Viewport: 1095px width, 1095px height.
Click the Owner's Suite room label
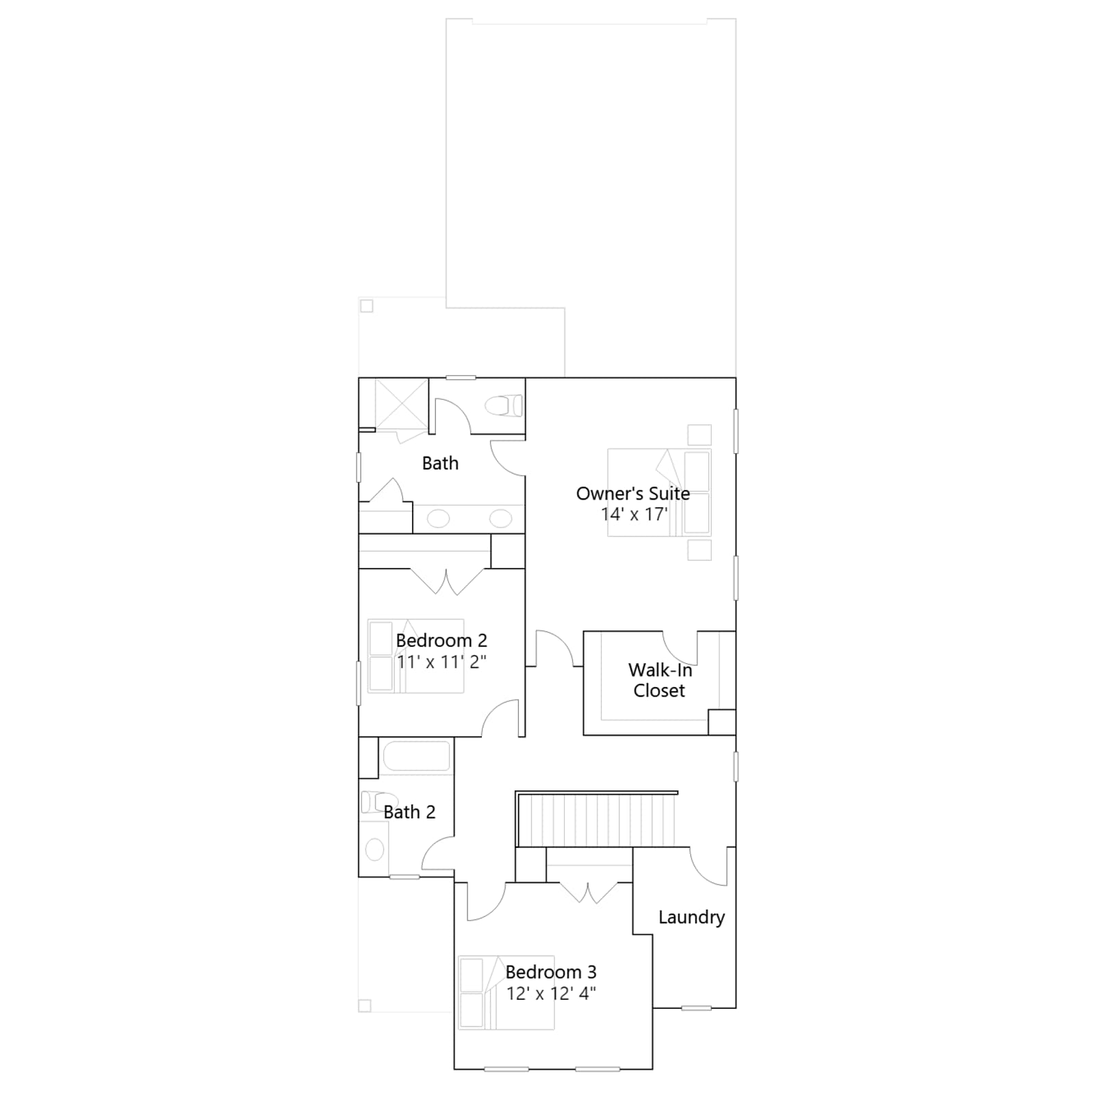633,493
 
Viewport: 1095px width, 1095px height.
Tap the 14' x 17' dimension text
634,515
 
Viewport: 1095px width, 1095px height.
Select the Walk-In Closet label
660,680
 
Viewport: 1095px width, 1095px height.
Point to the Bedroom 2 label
441,641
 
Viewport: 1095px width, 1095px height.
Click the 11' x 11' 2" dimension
441,662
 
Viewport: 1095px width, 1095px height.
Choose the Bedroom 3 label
551,972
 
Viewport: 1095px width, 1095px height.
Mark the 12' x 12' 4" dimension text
551,993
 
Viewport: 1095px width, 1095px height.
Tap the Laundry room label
691,918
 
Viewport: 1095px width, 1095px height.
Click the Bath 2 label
409,812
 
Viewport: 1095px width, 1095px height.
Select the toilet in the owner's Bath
504,406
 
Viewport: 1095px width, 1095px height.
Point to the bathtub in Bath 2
416,757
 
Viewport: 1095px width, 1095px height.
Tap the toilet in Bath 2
374,801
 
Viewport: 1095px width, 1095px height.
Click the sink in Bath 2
374,850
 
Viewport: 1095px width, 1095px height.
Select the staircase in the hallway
595,820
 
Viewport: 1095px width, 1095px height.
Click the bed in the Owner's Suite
659,493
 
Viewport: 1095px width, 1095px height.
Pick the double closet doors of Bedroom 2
446,581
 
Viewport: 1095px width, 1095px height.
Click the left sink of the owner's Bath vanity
438,518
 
